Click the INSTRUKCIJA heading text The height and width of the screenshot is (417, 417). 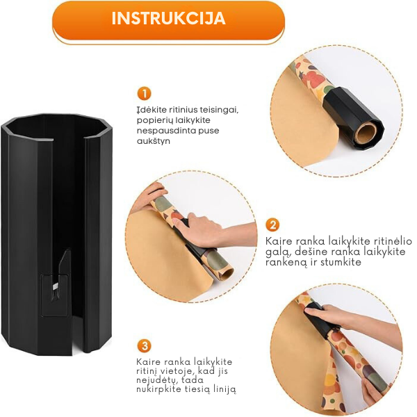point(168,18)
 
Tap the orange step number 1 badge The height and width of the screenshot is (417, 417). point(144,94)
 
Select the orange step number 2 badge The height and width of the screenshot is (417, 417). point(272,225)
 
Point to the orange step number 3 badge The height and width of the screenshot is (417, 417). point(145,346)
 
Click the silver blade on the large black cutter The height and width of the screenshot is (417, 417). point(56,286)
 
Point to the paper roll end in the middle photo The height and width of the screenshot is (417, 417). point(225,272)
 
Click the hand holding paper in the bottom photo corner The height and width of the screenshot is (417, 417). point(373,389)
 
